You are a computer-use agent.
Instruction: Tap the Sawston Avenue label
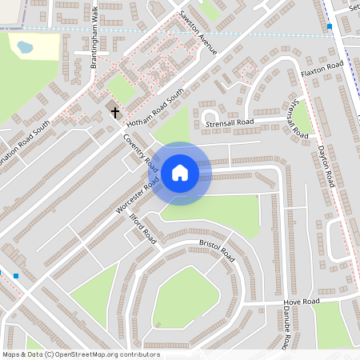coord(197,33)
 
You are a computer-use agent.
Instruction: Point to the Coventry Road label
coord(140,151)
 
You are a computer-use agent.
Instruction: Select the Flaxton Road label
coord(322,70)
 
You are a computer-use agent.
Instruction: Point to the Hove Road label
coord(302,302)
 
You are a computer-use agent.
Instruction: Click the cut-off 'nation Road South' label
coord(25,133)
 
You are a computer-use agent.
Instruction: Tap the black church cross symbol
coord(114,112)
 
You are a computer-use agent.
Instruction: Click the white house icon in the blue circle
coord(180,173)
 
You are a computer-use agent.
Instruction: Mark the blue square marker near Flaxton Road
coord(330,26)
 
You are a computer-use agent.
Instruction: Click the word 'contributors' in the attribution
coord(138,354)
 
